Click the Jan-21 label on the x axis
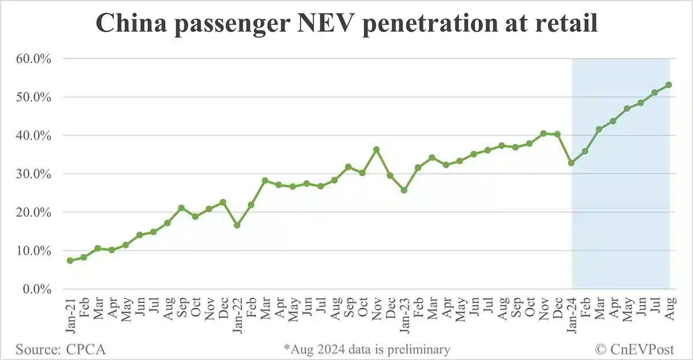(x=70, y=312)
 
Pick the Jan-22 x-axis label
(x=237, y=312)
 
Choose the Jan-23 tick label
(x=404, y=312)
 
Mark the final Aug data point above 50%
(x=669, y=85)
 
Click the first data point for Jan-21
(x=70, y=261)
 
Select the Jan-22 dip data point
(x=237, y=225)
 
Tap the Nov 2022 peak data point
(x=376, y=150)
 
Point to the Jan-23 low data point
(x=404, y=190)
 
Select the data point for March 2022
(x=265, y=181)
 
